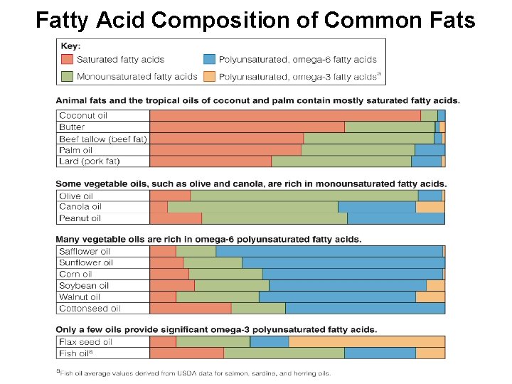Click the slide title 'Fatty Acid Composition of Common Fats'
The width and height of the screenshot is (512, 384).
255,19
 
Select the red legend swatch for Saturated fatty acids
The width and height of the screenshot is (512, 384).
67,60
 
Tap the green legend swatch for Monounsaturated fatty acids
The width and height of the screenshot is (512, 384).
67,76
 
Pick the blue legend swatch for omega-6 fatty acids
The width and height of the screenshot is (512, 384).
209,60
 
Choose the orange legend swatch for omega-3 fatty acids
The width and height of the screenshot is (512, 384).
209,76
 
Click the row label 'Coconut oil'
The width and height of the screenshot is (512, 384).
83,115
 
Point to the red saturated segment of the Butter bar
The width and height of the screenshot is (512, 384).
247,127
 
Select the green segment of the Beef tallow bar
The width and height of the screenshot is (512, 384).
368,139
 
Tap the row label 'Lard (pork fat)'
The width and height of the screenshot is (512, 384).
90,161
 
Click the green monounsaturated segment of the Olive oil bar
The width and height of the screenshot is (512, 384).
304,196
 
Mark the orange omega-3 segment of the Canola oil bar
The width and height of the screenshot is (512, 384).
430,207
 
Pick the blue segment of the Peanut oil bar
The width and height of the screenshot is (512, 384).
395,218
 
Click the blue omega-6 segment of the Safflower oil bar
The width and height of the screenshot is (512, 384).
329,251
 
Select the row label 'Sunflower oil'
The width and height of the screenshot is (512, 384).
86,262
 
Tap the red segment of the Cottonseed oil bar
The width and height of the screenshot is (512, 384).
191,309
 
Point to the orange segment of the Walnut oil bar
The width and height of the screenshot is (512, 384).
430,297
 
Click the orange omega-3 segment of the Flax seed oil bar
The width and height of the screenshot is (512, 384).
366,342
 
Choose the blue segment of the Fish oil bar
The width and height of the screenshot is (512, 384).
380,353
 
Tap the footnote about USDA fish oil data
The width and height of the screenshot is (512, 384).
193,373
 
